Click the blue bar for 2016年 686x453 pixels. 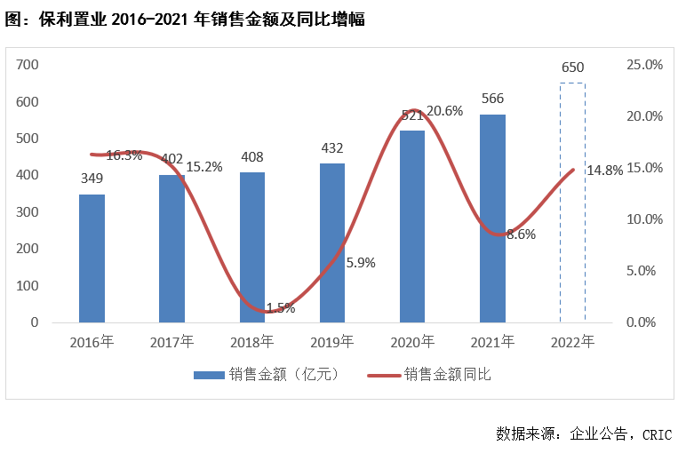click(92, 258)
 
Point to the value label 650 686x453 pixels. click(572, 68)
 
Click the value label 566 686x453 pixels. click(492, 99)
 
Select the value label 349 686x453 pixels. click(92, 179)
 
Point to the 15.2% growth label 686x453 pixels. click(204, 166)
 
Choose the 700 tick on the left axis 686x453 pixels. click(28, 65)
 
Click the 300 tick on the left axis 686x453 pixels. click(28, 212)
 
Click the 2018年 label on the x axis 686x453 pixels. click(252, 341)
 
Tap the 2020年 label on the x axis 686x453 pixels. click(412, 341)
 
